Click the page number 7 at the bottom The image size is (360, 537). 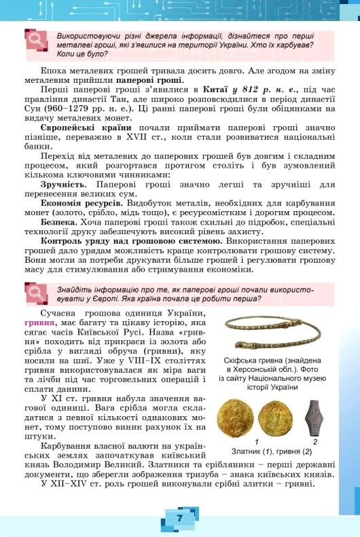[179, 517]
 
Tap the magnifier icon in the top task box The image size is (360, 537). [34, 43]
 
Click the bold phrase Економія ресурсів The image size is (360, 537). [82, 203]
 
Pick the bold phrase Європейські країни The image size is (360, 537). [86, 126]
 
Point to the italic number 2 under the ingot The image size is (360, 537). [314, 441]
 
